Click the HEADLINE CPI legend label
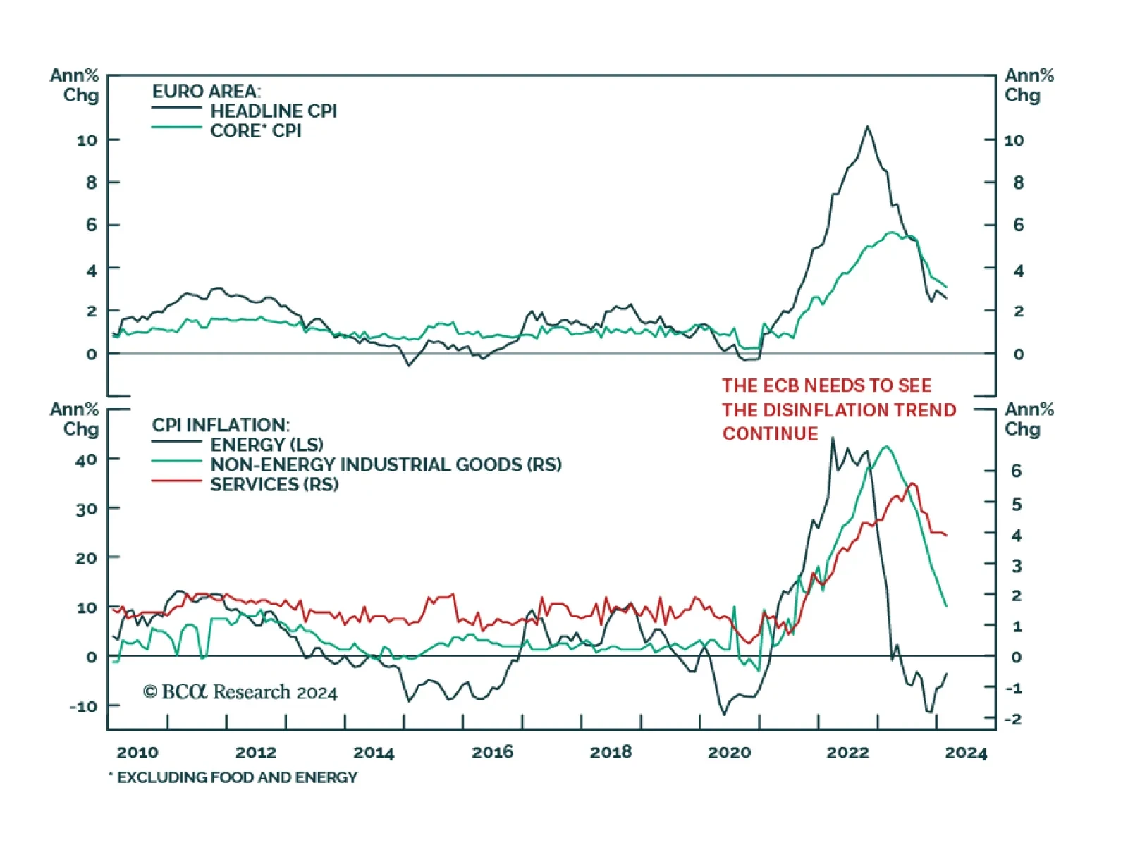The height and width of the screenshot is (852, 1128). coord(274,111)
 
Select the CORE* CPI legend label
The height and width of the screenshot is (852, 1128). coord(256,131)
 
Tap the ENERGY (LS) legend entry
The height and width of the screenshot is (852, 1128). coord(266,445)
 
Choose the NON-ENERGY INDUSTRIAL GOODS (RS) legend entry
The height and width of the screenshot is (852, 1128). coord(386,464)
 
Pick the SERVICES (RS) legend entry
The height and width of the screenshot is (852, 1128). coord(274,485)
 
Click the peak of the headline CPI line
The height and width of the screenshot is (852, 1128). coord(867,127)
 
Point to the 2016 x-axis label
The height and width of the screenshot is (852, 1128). coord(492,752)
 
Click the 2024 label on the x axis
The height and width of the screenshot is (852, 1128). coord(966,753)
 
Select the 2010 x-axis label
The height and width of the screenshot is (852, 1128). coord(137,752)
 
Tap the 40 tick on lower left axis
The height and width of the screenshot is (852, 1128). coord(86,460)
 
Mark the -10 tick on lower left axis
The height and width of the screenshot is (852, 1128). coord(83,706)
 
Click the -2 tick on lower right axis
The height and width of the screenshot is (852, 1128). coord(1012,719)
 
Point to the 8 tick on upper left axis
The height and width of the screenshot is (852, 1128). coord(92,183)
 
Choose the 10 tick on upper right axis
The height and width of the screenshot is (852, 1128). coord(1014,140)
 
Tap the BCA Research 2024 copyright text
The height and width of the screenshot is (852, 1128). coord(240,692)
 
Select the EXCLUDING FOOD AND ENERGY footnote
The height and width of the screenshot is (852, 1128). coord(237,777)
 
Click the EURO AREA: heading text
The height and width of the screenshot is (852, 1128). coord(206,92)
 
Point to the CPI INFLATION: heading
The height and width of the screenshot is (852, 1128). coord(221,425)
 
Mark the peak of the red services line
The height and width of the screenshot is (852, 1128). coord(913,483)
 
